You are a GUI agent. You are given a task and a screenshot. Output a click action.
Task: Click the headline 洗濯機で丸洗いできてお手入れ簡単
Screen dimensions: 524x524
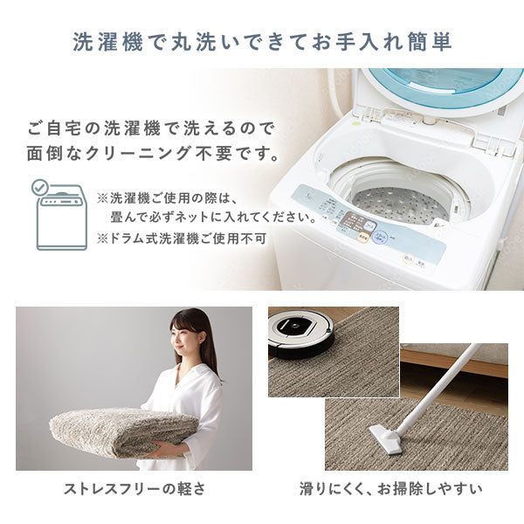pos(262,42)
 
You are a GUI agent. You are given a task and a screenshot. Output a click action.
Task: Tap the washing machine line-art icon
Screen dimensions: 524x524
pos(59,219)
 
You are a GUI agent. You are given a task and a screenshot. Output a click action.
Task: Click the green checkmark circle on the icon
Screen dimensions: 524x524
pos(40,187)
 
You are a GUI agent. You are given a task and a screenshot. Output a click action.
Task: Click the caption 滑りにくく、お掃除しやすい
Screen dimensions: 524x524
pos(389,487)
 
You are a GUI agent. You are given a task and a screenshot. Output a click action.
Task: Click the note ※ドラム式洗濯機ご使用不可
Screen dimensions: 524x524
pos(181,237)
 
